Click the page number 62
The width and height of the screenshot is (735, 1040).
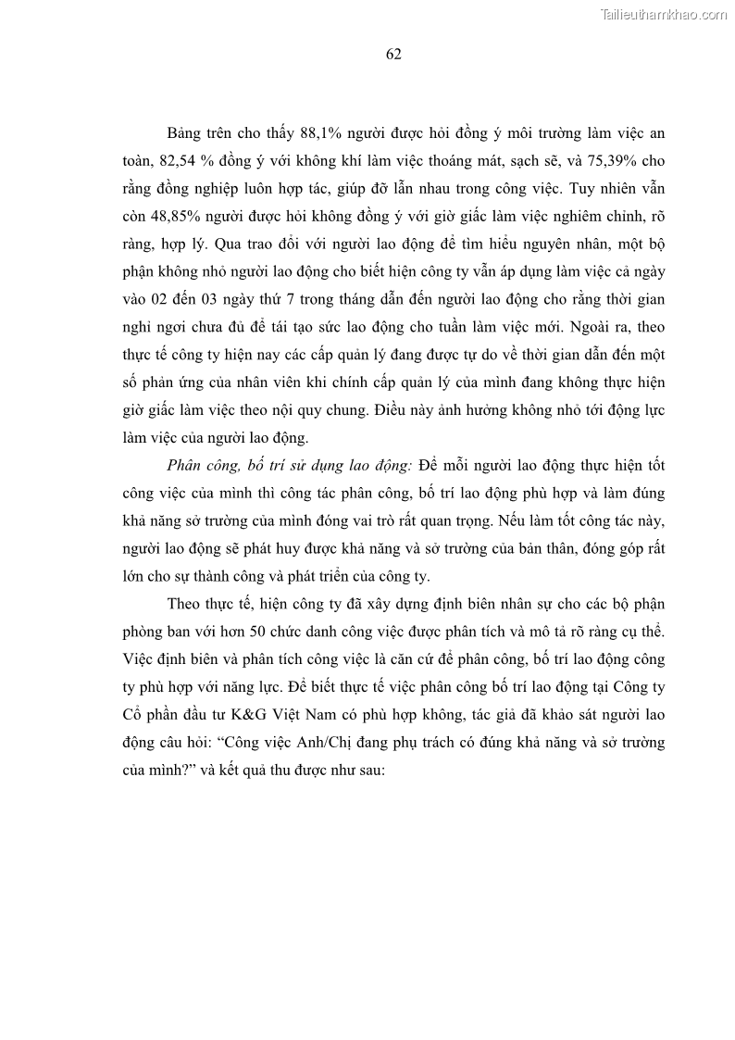(x=392, y=54)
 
